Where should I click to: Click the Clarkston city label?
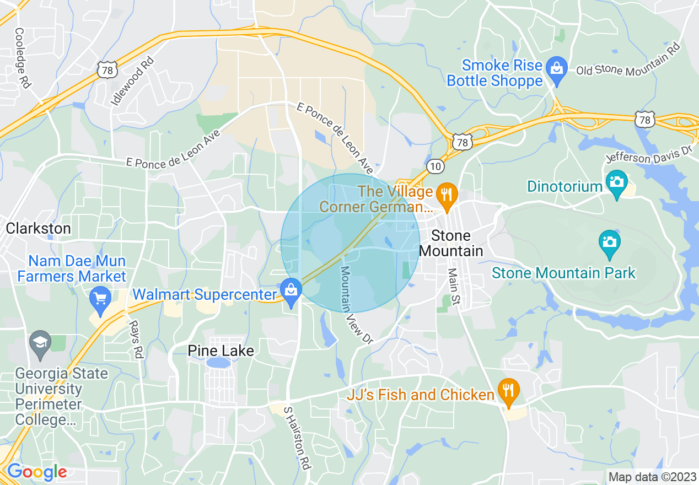pos(38,228)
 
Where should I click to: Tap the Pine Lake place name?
pos(221,351)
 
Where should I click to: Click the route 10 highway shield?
pos(434,165)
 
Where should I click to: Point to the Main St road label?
pos(454,287)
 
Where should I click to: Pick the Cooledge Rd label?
pos(23,58)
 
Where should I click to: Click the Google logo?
pos(36,472)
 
